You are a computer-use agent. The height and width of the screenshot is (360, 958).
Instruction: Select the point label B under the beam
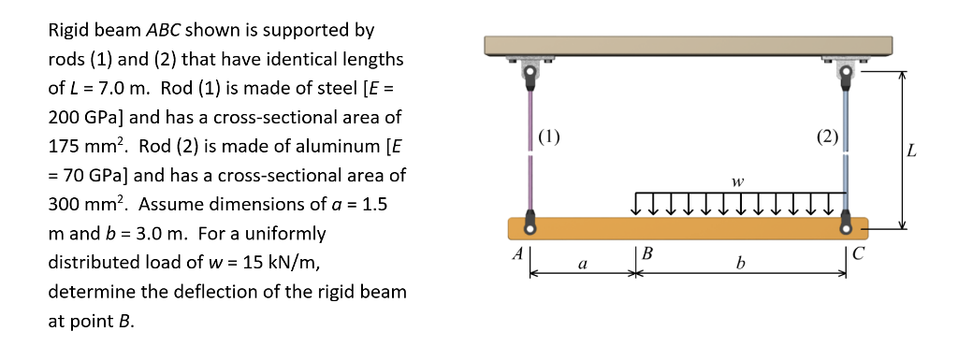(x=647, y=252)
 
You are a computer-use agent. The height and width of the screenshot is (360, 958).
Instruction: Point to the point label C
(x=861, y=252)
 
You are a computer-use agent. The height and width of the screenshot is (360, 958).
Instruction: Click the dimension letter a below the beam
(x=583, y=266)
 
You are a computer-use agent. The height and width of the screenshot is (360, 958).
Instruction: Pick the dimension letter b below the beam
(x=741, y=266)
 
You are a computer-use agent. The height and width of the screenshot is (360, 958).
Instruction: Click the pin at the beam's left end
(x=530, y=226)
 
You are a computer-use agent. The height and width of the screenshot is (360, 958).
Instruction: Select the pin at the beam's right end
(x=847, y=226)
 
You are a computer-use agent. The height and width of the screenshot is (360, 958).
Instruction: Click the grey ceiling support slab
(x=688, y=47)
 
